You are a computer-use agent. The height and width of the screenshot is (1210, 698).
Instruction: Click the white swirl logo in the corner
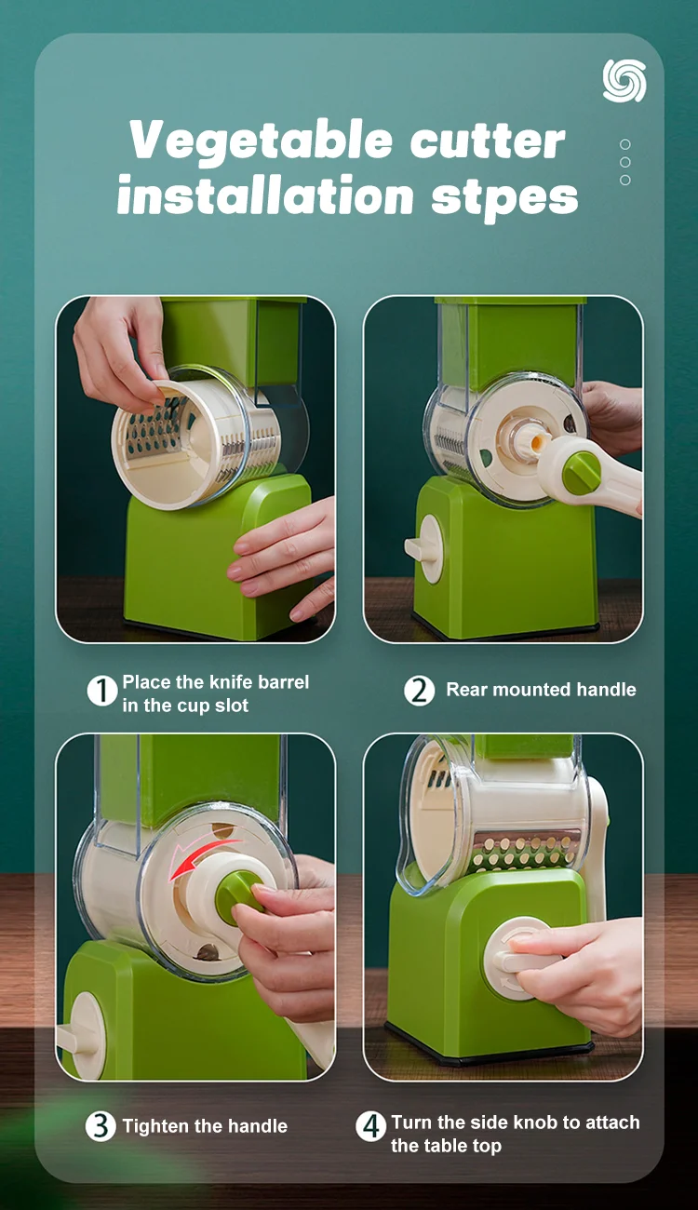tap(624, 80)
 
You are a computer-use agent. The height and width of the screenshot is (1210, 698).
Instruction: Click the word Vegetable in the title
tap(261, 141)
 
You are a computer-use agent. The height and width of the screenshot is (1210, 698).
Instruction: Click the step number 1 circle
tap(102, 691)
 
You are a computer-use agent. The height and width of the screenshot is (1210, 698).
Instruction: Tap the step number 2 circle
tap(419, 691)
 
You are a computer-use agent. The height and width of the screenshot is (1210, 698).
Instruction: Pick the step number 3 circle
tap(101, 1126)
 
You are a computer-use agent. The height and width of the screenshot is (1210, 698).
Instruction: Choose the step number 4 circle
tap(370, 1126)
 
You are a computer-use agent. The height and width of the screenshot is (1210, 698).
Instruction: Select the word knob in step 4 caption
tap(536, 1123)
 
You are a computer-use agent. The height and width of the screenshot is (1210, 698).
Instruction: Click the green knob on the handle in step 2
tap(581, 470)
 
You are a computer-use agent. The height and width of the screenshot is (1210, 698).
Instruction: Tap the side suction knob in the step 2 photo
tap(425, 548)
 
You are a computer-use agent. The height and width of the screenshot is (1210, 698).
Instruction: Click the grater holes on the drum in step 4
tap(525, 851)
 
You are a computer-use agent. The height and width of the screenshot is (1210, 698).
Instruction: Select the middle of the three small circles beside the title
tap(625, 162)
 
